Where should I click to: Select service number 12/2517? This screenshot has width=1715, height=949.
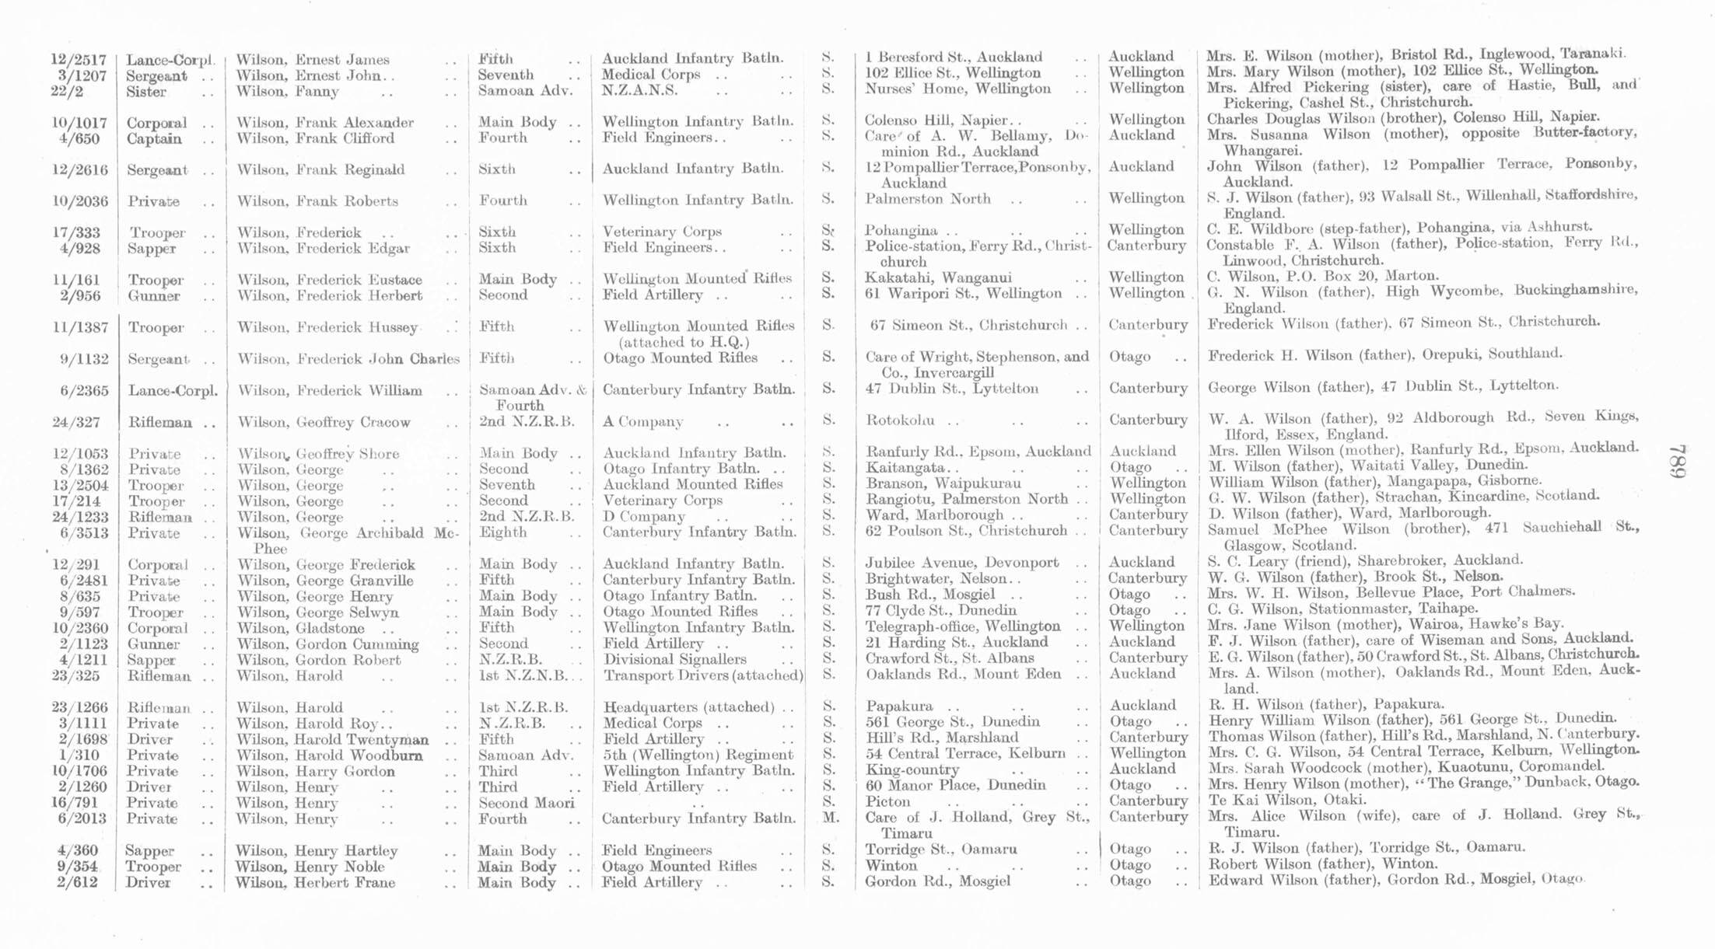coord(78,60)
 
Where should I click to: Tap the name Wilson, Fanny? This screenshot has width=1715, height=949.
coord(288,92)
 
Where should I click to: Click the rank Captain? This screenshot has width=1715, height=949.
coord(154,139)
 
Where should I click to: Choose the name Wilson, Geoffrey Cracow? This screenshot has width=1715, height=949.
coord(324,422)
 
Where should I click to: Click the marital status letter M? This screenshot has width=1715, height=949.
coord(829,817)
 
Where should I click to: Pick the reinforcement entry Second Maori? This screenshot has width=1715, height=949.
coord(526,803)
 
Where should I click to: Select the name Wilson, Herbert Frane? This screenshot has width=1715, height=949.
coord(316,882)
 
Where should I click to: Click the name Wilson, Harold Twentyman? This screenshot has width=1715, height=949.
coord(332,739)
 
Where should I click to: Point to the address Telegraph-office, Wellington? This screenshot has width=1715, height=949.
coord(963,626)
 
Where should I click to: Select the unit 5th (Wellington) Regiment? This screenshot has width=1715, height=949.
coord(698,755)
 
